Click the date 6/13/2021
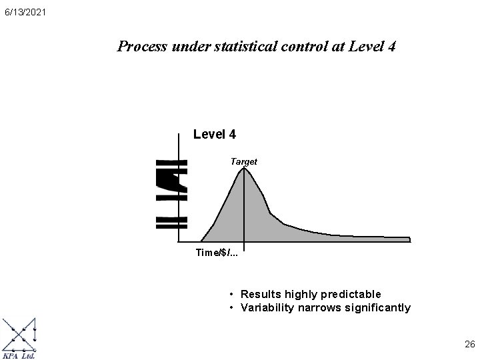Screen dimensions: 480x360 [24, 12]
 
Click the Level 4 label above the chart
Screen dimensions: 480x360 [214, 135]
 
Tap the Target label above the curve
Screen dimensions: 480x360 [243, 161]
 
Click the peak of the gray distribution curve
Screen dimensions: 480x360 [244, 168]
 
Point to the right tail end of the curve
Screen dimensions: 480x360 [408, 238]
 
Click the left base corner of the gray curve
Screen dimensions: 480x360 [202, 240]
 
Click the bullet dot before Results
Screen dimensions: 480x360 [230, 294]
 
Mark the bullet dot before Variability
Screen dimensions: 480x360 [230, 308]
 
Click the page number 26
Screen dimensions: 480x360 [469, 345]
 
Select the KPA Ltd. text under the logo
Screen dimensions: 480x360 [19, 355]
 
